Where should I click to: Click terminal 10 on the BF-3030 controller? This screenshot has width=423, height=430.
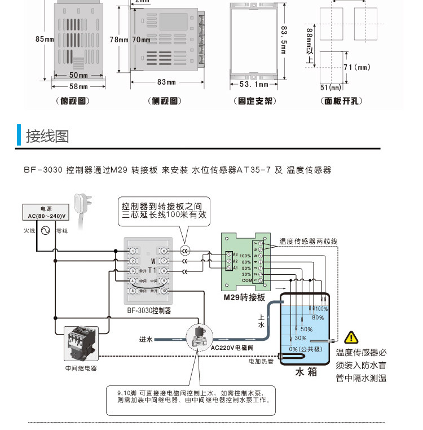[x=164, y=291]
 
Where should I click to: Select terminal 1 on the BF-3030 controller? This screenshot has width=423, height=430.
[x=132, y=251]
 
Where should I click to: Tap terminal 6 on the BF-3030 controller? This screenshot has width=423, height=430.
[x=164, y=251]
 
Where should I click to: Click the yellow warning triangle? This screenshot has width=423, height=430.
[x=351, y=337]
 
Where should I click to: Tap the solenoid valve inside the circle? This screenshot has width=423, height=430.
[x=199, y=337]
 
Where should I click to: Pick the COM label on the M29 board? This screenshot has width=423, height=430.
[x=246, y=280]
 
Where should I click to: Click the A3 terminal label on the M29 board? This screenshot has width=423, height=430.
[x=235, y=255]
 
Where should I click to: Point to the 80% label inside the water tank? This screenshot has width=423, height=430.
[x=318, y=318]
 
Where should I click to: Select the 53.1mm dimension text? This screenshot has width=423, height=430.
[x=254, y=85]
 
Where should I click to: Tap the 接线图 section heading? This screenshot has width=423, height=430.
[x=47, y=136]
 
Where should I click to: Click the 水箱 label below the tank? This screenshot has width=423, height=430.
[x=305, y=372]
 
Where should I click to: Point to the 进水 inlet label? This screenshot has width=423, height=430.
[x=146, y=339]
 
